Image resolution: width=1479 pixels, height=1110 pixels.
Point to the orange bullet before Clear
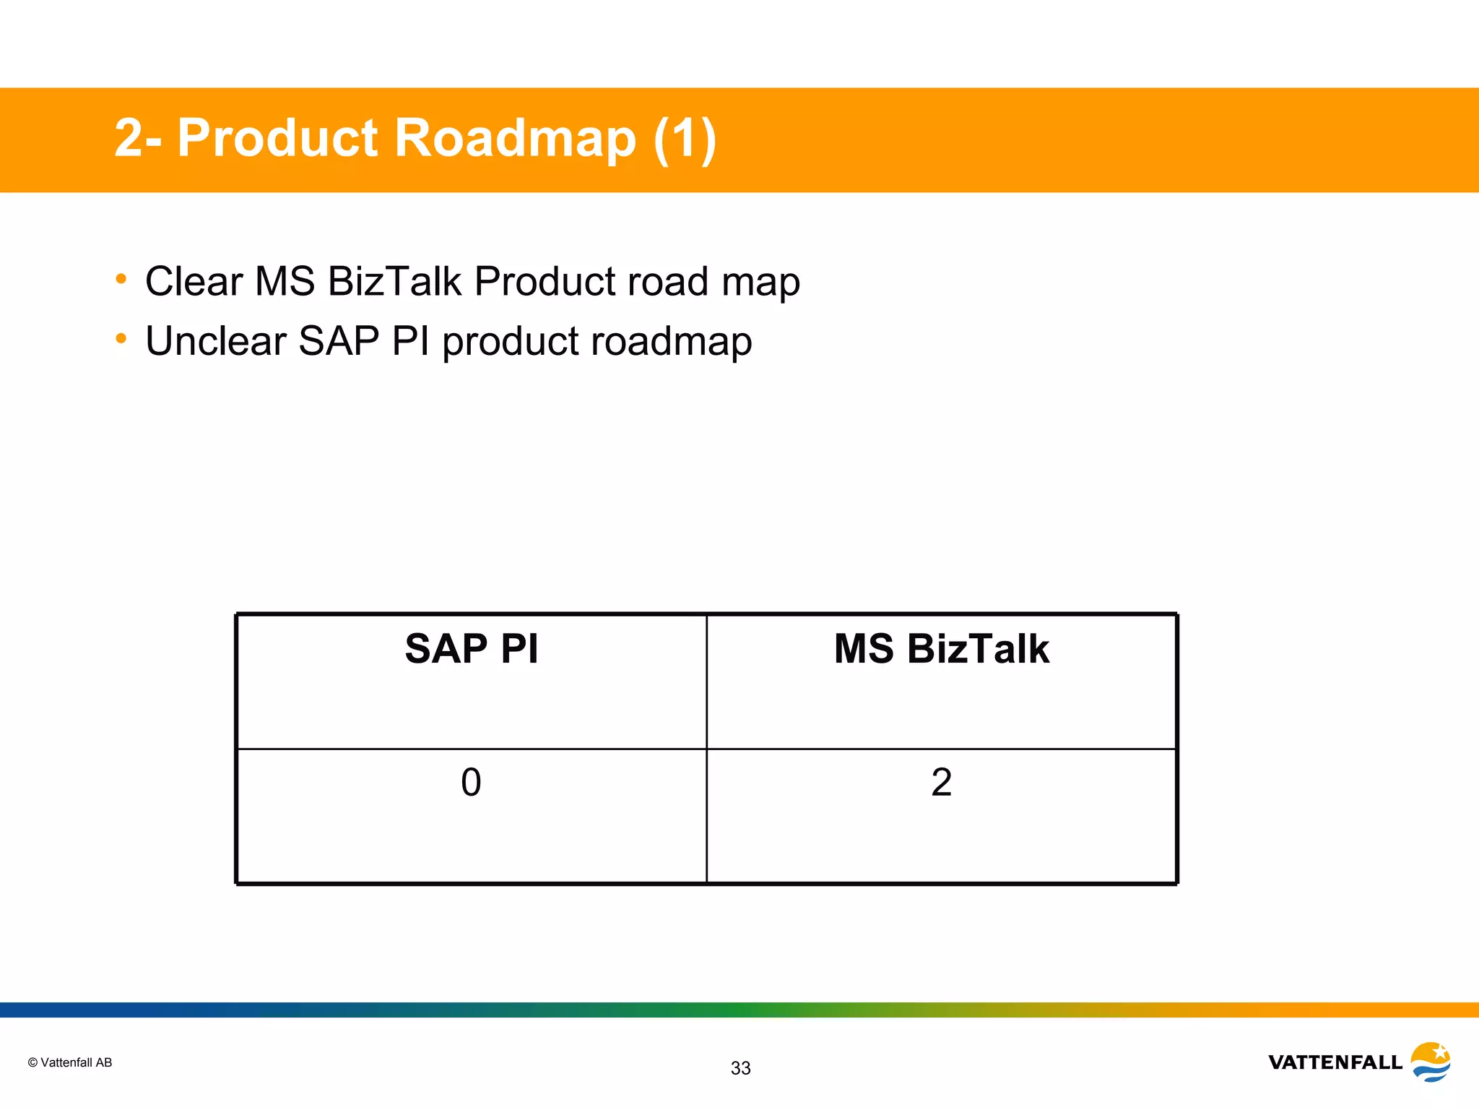(121, 279)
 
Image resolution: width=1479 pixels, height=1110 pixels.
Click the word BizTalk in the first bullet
(394, 281)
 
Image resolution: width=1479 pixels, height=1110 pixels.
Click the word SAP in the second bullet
(338, 341)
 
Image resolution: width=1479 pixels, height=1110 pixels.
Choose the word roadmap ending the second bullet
(671, 341)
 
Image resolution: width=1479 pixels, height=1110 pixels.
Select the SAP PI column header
(472, 648)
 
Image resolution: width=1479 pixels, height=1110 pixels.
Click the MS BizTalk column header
(941, 648)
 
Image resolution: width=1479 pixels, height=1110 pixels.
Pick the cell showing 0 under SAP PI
(471, 783)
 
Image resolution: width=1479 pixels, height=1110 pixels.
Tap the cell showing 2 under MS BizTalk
(941, 783)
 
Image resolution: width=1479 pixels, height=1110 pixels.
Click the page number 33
(740, 1068)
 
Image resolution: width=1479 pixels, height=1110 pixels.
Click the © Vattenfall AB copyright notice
(70, 1062)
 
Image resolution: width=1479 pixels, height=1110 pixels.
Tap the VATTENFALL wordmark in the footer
(1335, 1062)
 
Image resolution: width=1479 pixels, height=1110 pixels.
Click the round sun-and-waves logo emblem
(1431, 1062)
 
